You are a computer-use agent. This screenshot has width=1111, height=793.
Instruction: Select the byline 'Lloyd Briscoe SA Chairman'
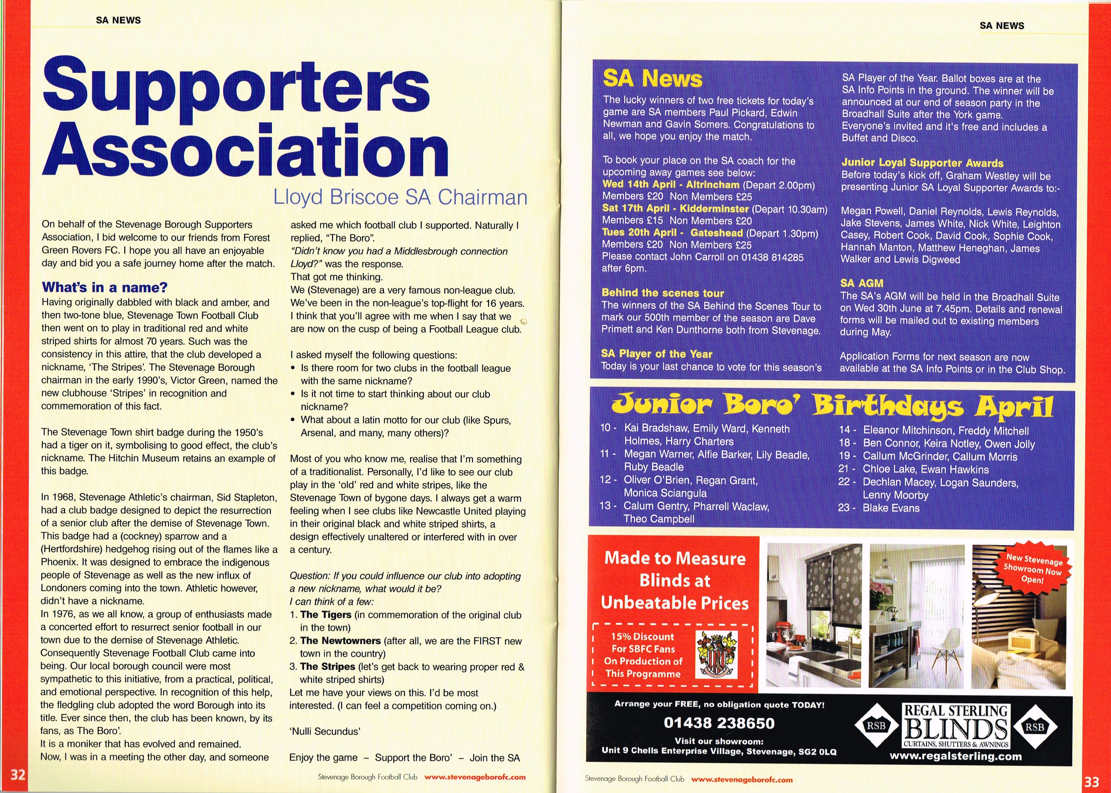[x=400, y=197]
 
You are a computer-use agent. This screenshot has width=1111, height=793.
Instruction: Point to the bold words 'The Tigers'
[x=325, y=615]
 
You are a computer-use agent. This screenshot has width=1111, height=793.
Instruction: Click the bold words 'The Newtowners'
[x=340, y=641]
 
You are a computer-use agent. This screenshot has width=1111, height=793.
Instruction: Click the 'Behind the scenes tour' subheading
[x=663, y=293]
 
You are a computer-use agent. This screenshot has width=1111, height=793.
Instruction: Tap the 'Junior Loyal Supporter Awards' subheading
[x=922, y=163]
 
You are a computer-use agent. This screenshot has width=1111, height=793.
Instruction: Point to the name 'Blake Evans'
[x=891, y=508]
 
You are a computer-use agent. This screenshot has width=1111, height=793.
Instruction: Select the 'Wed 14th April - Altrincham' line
[x=671, y=184]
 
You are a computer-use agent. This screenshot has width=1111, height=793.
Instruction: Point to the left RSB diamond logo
[x=876, y=726]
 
